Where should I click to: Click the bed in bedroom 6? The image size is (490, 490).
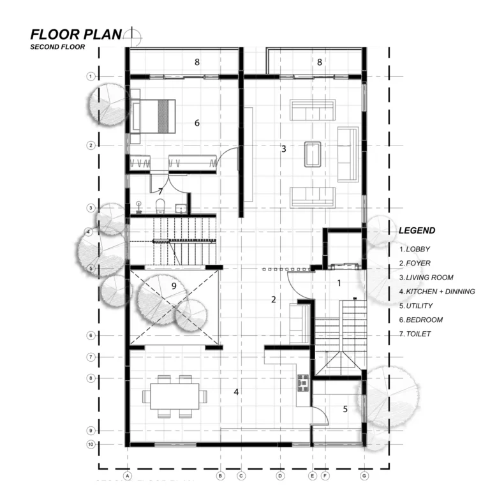[153, 116]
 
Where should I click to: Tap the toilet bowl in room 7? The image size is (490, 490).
[160, 206]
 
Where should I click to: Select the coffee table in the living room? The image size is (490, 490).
[313, 154]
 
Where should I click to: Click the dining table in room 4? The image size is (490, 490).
[175, 396]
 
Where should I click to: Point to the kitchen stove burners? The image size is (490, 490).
[303, 383]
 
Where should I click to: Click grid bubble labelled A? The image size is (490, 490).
[128, 476]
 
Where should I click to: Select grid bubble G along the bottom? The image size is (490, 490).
[364, 476]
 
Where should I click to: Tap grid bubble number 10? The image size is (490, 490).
[91, 444]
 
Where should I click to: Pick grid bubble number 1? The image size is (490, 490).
[91, 77]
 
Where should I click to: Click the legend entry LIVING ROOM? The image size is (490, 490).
[426, 278]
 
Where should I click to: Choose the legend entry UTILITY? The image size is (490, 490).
[416, 306]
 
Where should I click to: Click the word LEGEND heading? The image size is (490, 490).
[417, 230]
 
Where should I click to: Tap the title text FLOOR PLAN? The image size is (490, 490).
[76, 34]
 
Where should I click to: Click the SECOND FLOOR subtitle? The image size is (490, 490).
[57, 47]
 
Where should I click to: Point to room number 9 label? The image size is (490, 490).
[174, 286]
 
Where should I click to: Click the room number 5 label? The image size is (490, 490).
[345, 409]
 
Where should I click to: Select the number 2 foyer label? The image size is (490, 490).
[274, 300]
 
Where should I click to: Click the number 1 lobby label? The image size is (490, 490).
[339, 283]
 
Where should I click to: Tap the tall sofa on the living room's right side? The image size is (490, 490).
[348, 154]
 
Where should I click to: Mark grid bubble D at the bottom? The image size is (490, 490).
[280, 476]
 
